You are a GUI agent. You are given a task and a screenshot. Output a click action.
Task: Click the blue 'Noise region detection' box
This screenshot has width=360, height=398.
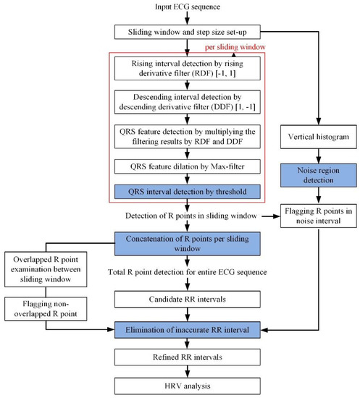click(314, 174)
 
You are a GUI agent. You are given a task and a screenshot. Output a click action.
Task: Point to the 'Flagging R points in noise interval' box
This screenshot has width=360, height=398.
click(314, 215)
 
